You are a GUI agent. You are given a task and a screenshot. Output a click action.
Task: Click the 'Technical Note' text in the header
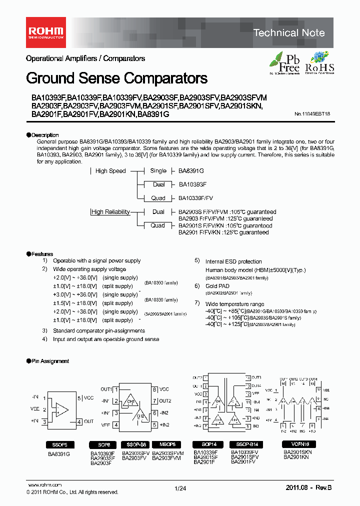[x=288, y=33]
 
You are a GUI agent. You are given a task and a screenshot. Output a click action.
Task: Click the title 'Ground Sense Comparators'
[x=116, y=78]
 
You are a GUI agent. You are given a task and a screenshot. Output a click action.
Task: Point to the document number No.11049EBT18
[x=312, y=114]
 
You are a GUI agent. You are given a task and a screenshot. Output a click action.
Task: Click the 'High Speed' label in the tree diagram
[x=110, y=171]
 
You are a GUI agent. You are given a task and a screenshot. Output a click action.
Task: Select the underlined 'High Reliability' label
[x=110, y=212]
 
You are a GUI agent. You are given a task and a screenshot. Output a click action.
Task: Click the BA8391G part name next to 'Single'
[x=191, y=171]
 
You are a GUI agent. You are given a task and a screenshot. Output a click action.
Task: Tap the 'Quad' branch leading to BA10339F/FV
[x=158, y=198]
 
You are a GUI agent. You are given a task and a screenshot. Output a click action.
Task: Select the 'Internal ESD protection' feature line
[x=233, y=261]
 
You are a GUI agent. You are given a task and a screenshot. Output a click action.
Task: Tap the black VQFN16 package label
[x=297, y=444]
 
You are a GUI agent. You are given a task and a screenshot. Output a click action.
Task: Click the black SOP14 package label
[x=208, y=444]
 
